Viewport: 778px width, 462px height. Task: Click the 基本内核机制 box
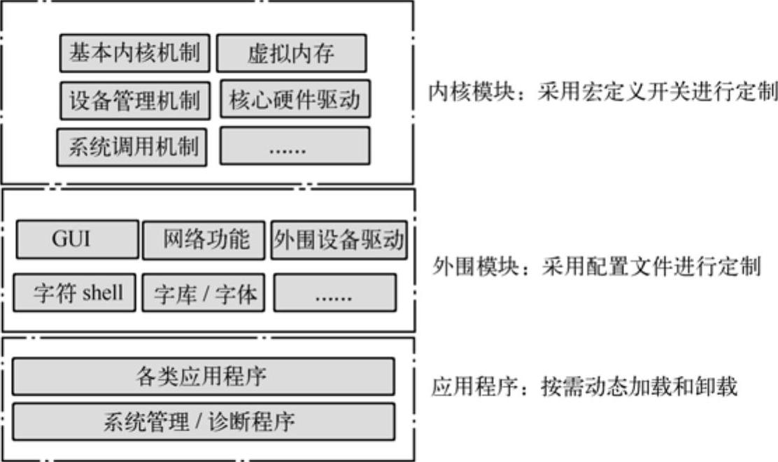coord(134,52)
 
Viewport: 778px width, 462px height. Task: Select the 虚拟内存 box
coord(291,54)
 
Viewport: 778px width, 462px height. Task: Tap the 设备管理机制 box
coord(134,100)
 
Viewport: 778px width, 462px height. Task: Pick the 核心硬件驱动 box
coord(295,99)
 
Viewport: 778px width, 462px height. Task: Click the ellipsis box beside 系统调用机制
coord(295,146)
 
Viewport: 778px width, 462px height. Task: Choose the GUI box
coord(77,240)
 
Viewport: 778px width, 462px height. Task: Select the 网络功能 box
coord(204,240)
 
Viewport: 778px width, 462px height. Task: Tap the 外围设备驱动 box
coord(339,240)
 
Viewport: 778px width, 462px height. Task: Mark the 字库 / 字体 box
coord(204,293)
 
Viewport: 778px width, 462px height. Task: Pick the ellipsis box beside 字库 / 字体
coord(334,293)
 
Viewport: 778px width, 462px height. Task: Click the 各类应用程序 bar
coord(203,376)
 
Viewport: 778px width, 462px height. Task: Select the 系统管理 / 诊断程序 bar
coord(203,421)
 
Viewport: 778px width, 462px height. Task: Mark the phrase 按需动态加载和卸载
coord(638,386)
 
